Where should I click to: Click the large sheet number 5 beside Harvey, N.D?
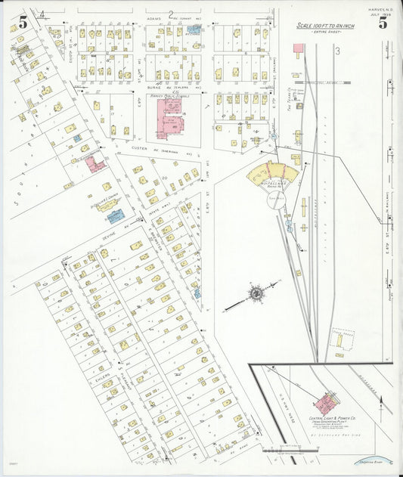[383, 23]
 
